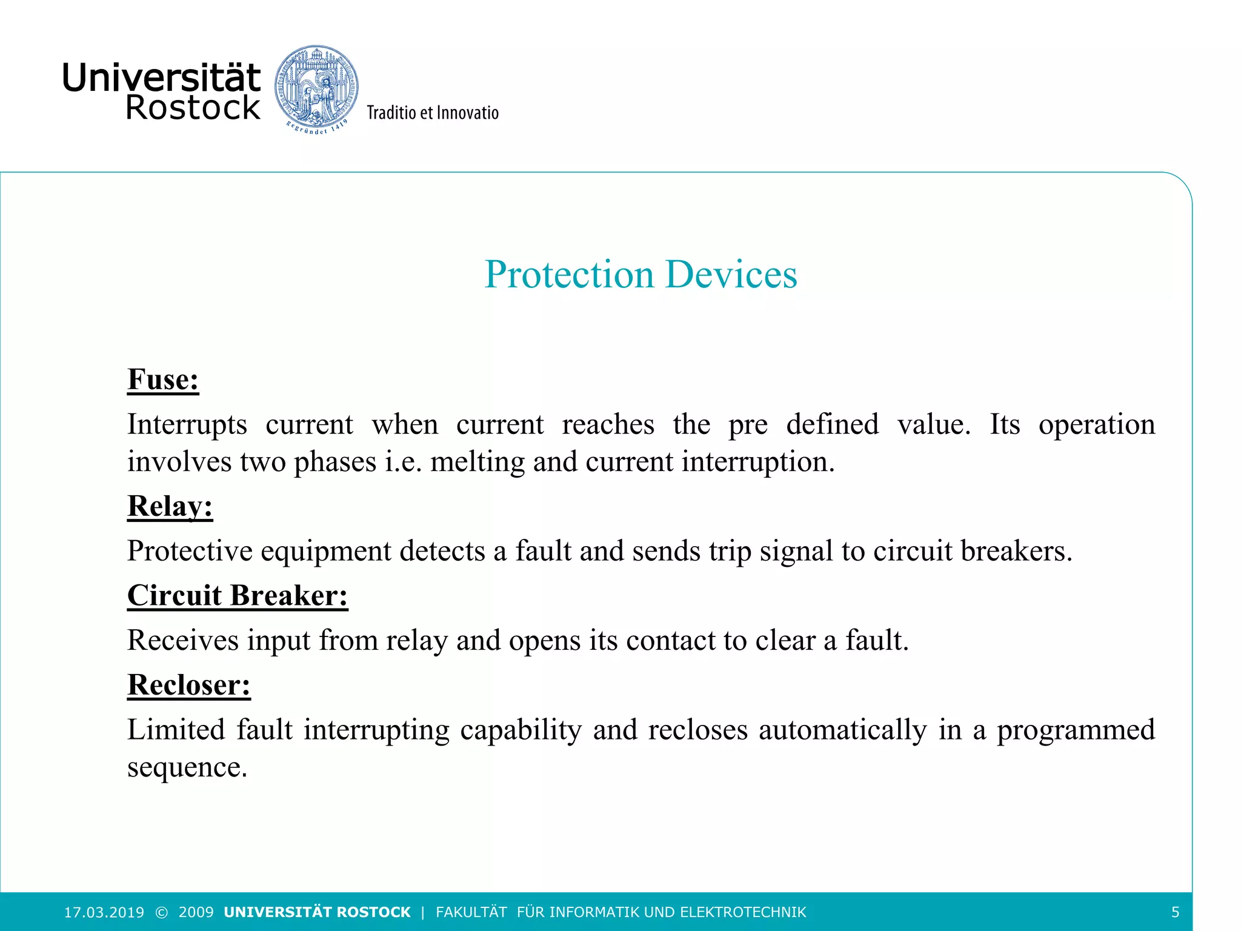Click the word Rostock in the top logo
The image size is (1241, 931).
[x=193, y=108]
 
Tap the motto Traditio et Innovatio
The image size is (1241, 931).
[x=432, y=113]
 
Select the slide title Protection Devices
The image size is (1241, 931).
[x=640, y=275]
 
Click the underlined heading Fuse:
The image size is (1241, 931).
[x=163, y=380]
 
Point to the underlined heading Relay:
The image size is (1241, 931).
[x=170, y=506]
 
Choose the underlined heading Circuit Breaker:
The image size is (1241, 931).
[x=238, y=596]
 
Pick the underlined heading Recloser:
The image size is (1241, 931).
[x=188, y=686]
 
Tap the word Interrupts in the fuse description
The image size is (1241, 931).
[x=187, y=424]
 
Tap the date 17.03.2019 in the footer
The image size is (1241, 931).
[x=104, y=912]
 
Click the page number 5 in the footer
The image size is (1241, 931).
[x=1175, y=912]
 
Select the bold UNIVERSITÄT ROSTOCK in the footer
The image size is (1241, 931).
[x=317, y=912]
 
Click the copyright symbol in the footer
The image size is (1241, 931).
[x=161, y=912]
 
